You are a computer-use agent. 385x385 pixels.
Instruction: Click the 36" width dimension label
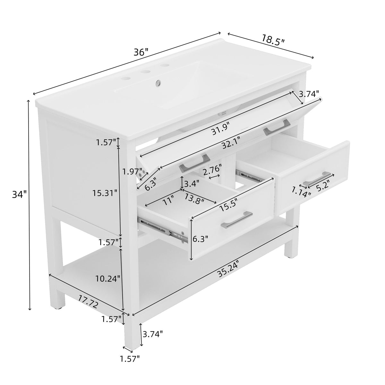pos(141,52)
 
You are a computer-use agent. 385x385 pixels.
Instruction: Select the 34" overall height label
pos(19,194)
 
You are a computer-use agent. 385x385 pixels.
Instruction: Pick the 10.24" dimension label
pos(108,278)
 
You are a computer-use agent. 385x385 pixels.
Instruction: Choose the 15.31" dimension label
pos(105,193)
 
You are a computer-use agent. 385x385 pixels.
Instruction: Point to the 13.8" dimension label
pos(194,199)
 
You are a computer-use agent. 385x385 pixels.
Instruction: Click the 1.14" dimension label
pos(301,192)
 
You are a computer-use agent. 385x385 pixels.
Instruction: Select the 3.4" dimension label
pos(192,184)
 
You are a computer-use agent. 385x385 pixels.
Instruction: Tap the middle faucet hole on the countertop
pos(145,71)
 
